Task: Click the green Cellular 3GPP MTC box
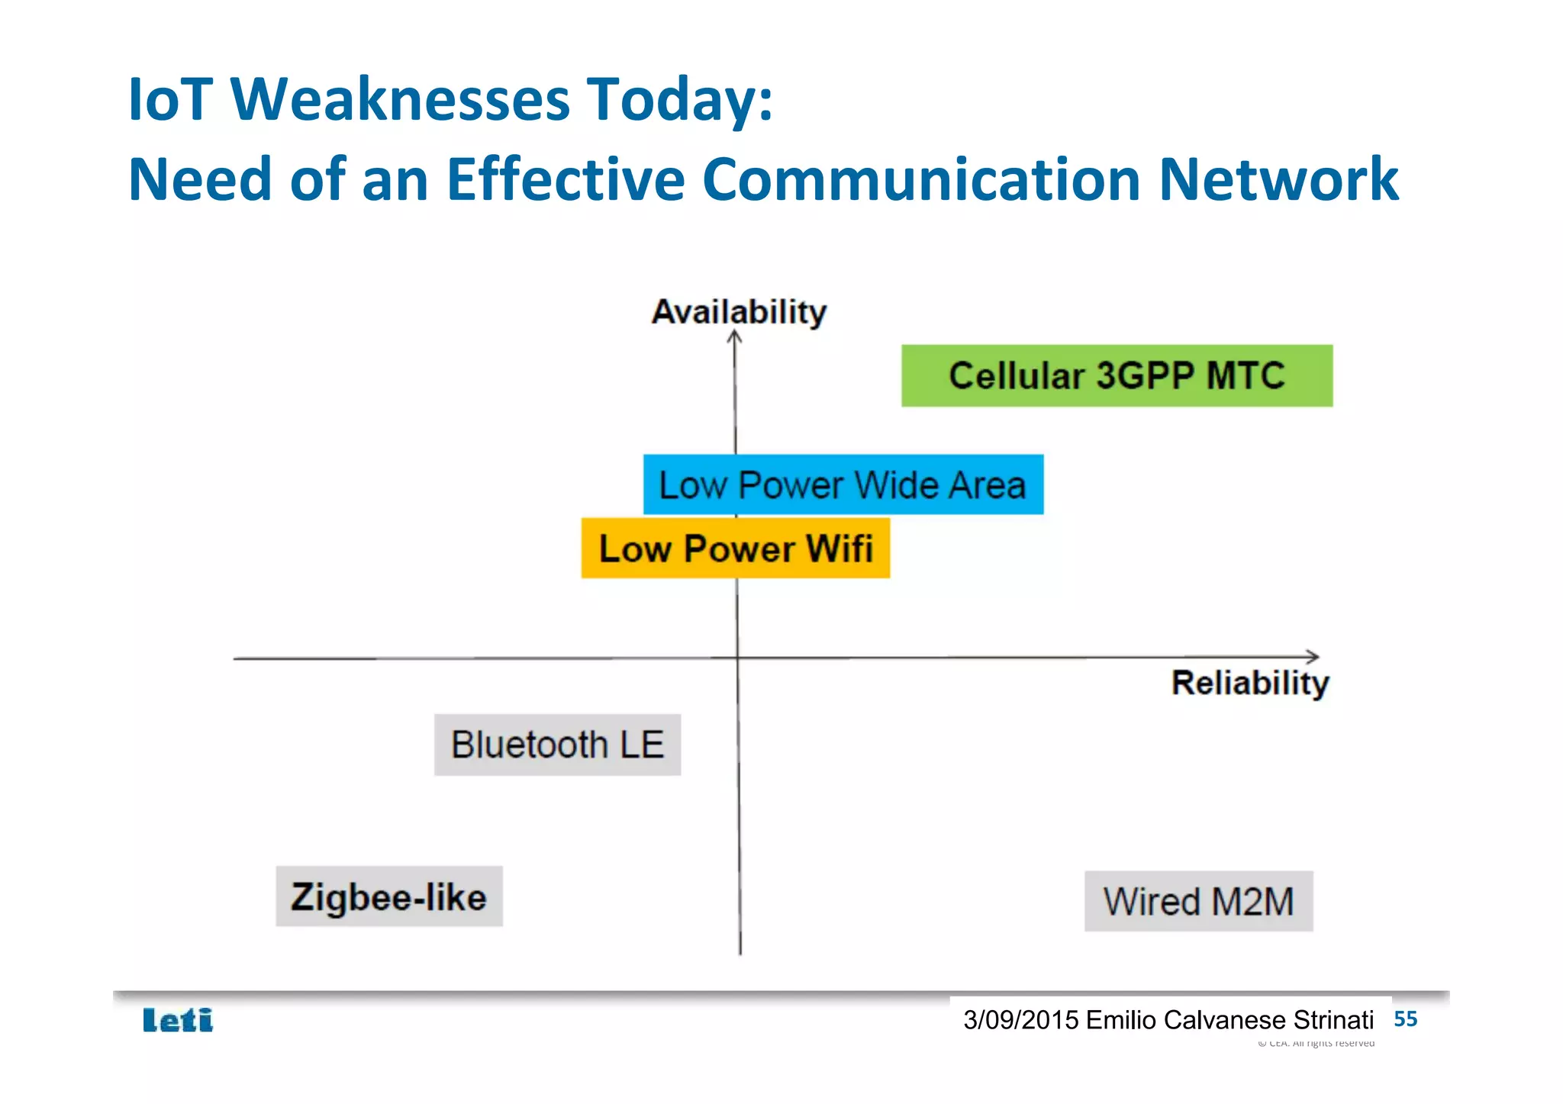[x=1117, y=375]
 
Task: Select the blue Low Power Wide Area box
[x=843, y=484]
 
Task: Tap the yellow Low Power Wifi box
[x=735, y=548]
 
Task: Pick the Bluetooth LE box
[x=557, y=745]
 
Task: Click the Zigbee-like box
[x=388, y=896]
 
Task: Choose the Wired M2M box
[x=1198, y=901]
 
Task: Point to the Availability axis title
[x=739, y=312]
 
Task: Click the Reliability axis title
[x=1250, y=683]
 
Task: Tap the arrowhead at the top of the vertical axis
[x=734, y=336]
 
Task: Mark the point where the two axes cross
[x=737, y=657]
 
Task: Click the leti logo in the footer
[x=178, y=1020]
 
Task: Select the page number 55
[x=1405, y=1019]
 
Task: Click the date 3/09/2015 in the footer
[x=1020, y=1020]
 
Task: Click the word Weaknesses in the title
[x=400, y=99]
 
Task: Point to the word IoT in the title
[x=170, y=99]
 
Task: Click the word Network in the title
[x=1278, y=179]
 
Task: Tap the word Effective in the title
[x=566, y=179]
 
